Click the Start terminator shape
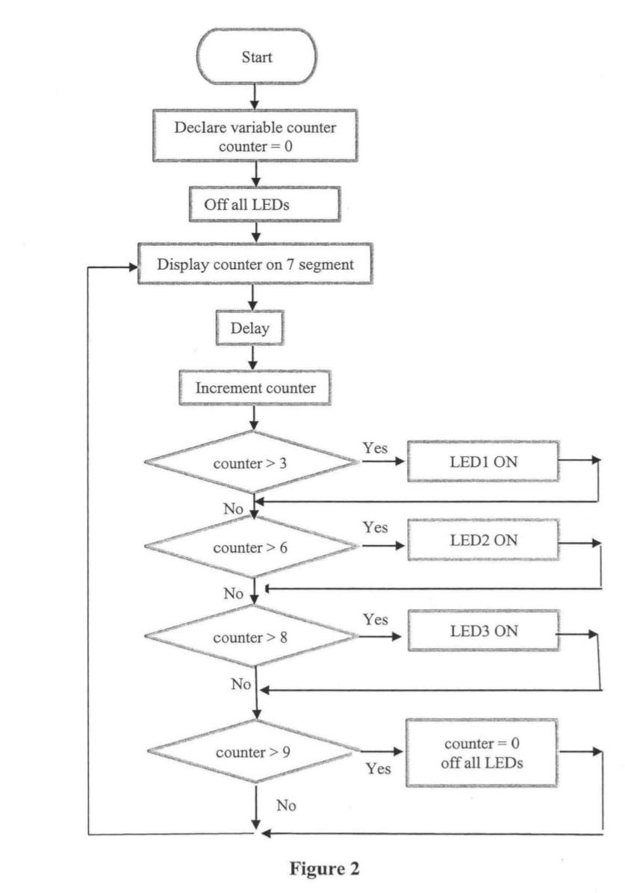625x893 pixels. pyautogui.click(x=256, y=57)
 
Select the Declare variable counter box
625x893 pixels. pyautogui.click(x=255, y=136)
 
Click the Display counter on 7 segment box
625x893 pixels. pyautogui.click(x=255, y=264)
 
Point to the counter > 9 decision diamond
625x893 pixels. pyautogui.click(x=252, y=751)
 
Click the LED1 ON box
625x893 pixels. pyautogui.click(x=482, y=461)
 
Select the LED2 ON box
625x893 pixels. pyautogui.click(x=482, y=541)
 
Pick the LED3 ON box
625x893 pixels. pyautogui.click(x=482, y=631)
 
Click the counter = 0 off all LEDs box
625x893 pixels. pyautogui.click(x=482, y=753)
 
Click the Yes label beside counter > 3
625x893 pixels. pyautogui.click(x=375, y=447)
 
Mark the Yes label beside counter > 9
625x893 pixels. pyautogui.click(x=379, y=768)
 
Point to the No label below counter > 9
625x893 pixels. pyautogui.click(x=287, y=805)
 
